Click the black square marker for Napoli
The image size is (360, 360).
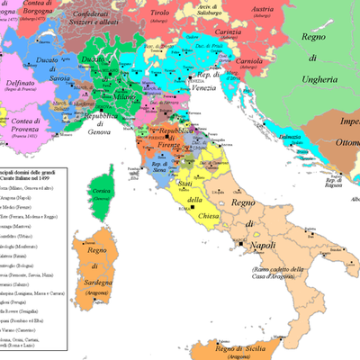(x=240, y=244)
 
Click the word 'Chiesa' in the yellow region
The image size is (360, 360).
(x=194, y=200)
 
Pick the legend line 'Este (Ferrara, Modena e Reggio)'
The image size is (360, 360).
(x=36, y=216)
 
